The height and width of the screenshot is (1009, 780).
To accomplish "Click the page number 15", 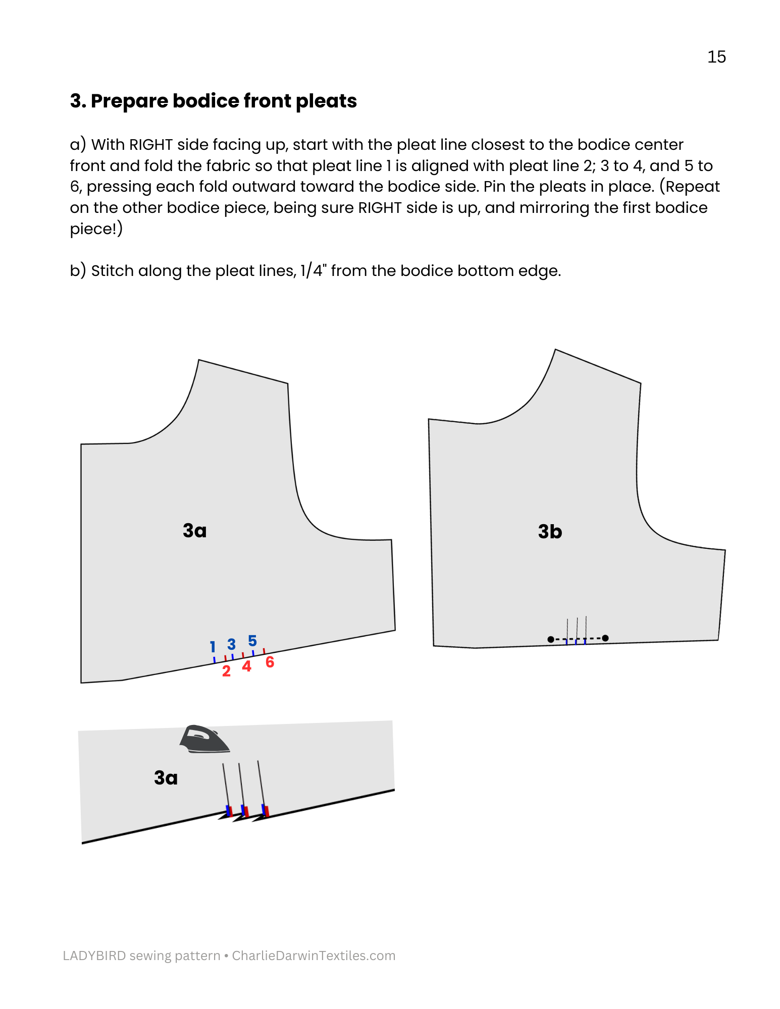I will [716, 57].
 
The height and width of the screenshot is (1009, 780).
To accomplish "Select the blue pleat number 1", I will [213, 646].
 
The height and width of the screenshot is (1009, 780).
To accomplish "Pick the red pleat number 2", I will [226, 671].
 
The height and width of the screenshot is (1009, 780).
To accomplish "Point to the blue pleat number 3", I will [231, 644].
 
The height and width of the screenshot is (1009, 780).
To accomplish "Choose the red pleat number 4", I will [246, 666].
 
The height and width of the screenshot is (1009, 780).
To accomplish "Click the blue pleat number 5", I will [252, 641].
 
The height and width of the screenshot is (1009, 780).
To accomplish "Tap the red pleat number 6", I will [270, 662].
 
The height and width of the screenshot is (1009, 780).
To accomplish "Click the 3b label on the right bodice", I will [550, 532].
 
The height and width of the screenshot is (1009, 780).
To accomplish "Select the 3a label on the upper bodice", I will [194, 531].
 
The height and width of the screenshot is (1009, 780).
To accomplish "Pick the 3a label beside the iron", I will [166, 778].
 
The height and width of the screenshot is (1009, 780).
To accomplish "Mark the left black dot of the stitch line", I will [550, 639].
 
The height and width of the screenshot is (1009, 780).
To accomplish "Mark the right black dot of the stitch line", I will [605, 638].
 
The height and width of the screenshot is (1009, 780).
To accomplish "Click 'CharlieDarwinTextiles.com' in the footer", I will [314, 956].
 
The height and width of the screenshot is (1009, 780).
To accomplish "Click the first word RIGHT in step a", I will [151, 145].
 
